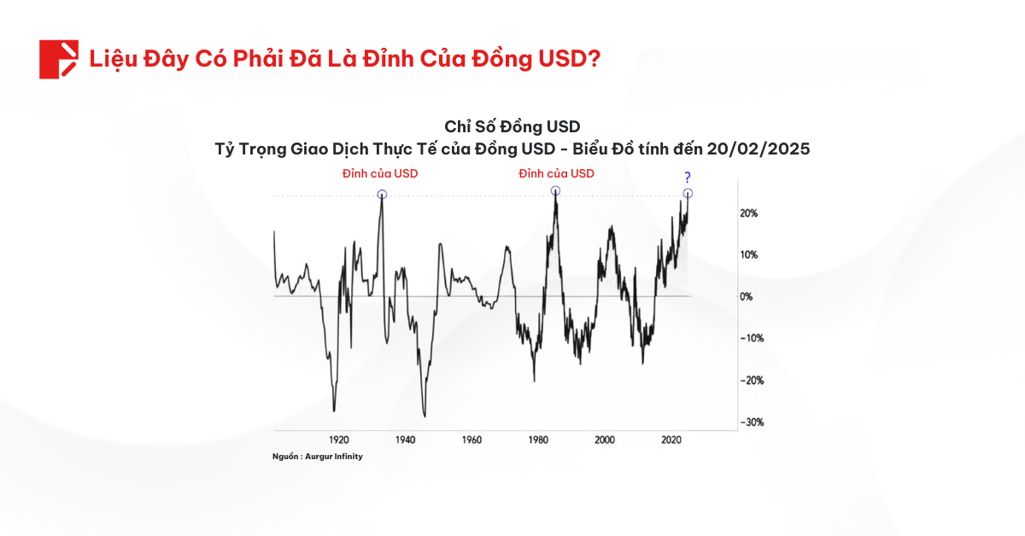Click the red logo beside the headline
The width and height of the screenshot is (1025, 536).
click(58, 59)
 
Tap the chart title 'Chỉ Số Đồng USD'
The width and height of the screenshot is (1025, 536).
click(512, 128)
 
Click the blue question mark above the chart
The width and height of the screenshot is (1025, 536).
click(687, 178)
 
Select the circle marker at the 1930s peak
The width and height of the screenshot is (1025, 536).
click(382, 195)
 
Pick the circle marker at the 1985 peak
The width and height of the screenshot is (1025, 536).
click(555, 191)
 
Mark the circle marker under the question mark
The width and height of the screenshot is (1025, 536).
click(688, 194)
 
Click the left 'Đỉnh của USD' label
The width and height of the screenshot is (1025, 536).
click(380, 173)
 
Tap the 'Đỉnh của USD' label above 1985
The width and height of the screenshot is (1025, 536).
click(557, 173)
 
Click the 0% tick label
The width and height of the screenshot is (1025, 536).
click(747, 297)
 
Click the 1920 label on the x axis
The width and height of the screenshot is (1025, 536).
click(338, 440)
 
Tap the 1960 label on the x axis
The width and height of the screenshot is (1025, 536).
click(471, 440)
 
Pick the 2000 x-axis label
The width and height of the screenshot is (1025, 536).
click(605, 440)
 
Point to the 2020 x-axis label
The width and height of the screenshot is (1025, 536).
click(671, 440)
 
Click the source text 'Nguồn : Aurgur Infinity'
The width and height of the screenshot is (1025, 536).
click(318, 457)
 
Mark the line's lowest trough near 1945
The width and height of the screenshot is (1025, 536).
click(425, 417)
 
